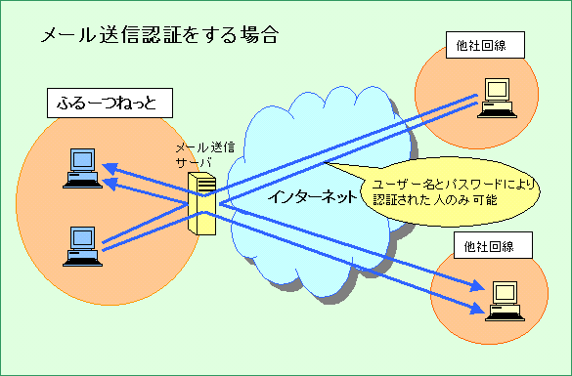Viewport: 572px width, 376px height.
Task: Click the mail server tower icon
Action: [201, 203]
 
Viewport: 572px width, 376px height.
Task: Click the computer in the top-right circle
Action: [496, 96]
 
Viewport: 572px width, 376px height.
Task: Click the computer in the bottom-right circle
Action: [503, 299]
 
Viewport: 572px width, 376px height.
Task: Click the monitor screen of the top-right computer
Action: [498, 88]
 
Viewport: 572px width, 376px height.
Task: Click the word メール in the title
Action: [65, 36]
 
